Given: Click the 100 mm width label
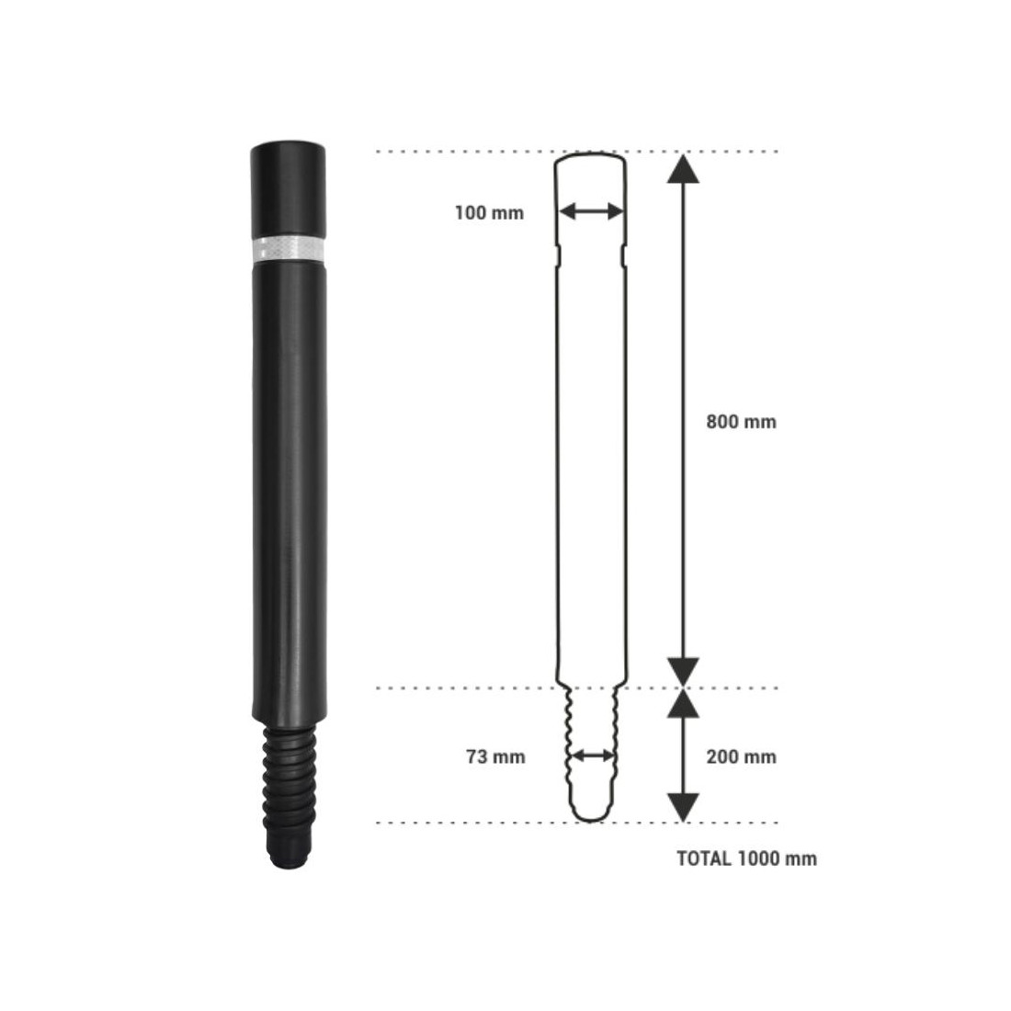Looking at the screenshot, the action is point(489,213).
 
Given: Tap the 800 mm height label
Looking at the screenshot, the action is point(742,423).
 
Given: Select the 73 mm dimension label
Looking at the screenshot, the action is point(495,756).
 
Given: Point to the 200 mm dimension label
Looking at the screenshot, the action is point(742,756).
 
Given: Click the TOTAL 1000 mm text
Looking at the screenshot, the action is point(746,858).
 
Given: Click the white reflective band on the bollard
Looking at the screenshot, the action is point(289,248).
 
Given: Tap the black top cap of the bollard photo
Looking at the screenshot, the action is point(288,189).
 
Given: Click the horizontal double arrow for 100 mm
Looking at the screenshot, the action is point(591,210).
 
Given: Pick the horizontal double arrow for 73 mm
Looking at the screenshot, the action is point(593,755).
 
